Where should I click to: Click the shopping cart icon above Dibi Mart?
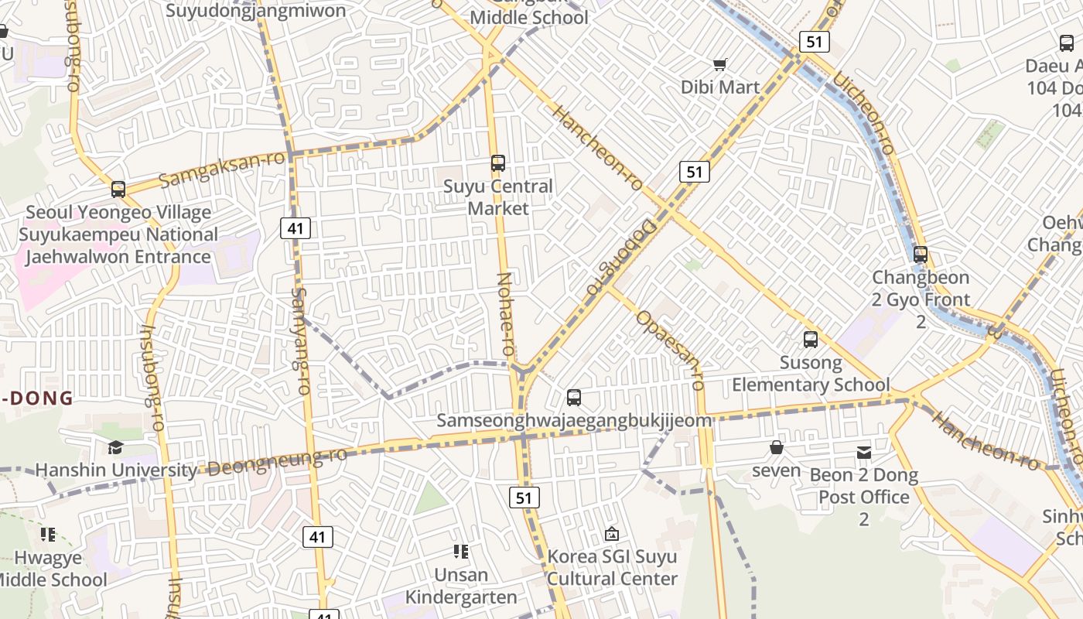[720, 64]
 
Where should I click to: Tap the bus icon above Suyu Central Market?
[498, 163]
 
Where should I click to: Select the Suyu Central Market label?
[498, 197]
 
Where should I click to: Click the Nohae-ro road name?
[505, 314]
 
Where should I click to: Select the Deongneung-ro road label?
[276, 461]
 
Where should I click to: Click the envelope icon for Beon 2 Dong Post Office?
[864, 452]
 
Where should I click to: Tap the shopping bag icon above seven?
[777, 447]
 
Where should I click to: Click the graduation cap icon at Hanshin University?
[115, 447]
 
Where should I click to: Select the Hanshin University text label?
[116, 470]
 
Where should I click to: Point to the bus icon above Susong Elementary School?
[811, 339]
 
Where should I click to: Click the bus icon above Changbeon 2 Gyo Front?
[921, 254]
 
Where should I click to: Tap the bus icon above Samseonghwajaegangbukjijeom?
[574, 398]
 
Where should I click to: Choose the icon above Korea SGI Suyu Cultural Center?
[612, 534]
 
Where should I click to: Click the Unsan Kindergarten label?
[461, 586]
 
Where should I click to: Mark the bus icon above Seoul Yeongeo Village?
[118, 189]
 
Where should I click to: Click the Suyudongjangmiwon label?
[256, 11]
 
